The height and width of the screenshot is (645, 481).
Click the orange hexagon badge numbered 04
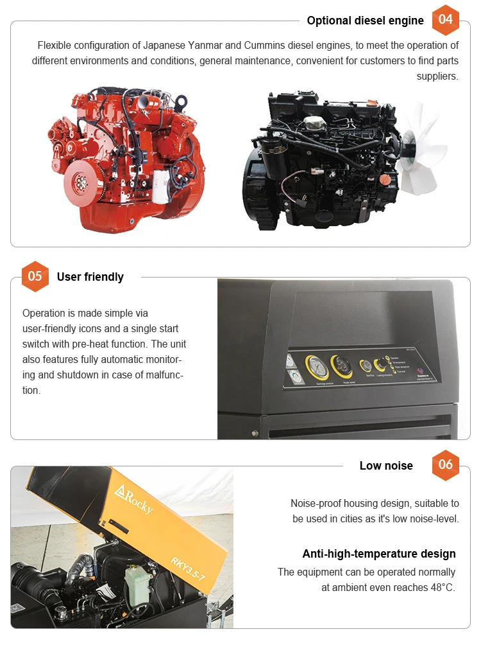click(446, 19)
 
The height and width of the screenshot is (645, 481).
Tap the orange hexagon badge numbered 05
click(35, 276)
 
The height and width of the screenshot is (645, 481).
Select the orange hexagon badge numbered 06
click(446, 464)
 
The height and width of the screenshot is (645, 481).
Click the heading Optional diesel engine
click(365, 21)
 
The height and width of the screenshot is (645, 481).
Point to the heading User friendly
click(90, 277)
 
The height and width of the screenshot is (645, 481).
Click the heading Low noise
click(386, 466)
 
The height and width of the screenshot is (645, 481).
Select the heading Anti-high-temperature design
click(379, 554)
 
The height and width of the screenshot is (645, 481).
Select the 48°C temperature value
click(438, 587)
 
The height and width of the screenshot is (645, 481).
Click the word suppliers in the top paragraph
click(437, 76)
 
